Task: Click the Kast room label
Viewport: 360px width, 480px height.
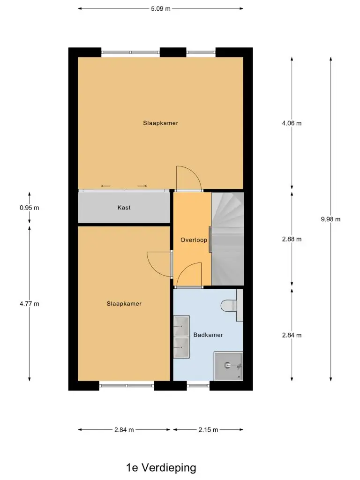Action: click(x=124, y=208)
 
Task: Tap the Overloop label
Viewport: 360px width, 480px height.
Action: click(x=194, y=240)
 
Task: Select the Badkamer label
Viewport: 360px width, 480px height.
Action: click(x=208, y=335)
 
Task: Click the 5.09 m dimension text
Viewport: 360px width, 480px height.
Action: click(x=161, y=8)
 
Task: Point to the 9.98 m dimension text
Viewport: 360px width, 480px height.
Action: click(x=330, y=219)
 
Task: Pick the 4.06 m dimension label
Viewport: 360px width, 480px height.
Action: click(x=292, y=123)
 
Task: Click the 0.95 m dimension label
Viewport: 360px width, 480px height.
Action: click(x=30, y=208)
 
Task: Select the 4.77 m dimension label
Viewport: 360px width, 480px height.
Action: click(x=30, y=304)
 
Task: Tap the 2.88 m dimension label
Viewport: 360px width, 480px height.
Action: click(x=292, y=239)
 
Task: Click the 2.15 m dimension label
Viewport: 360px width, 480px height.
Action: click(x=208, y=430)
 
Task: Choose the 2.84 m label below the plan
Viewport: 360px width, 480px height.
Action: click(x=124, y=430)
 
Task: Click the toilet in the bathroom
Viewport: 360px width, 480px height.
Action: click(x=232, y=306)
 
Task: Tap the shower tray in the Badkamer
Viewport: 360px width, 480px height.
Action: click(x=228, y=366)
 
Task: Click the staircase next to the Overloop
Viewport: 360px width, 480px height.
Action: click(x=228, y=239)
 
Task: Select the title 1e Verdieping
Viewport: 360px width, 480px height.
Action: click(x=161, y=468)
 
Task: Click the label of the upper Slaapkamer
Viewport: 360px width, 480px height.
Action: click(x=161, y=123)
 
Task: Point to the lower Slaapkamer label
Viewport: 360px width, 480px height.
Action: click(x=124, y=304)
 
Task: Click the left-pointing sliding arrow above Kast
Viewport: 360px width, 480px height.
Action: click(x=105, y=186)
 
